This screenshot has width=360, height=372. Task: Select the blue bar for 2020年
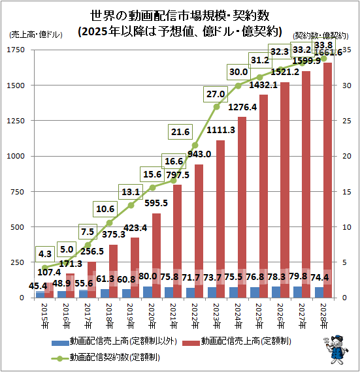pyautogui.click(x=148, y=292)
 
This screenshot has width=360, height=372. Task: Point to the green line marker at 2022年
pyautogui.click(x=195, y=145)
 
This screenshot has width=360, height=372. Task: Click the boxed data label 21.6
pyautogui.click(x=180, y=132)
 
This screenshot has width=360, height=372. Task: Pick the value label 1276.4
pyautogui.click(x=244, y=106)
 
